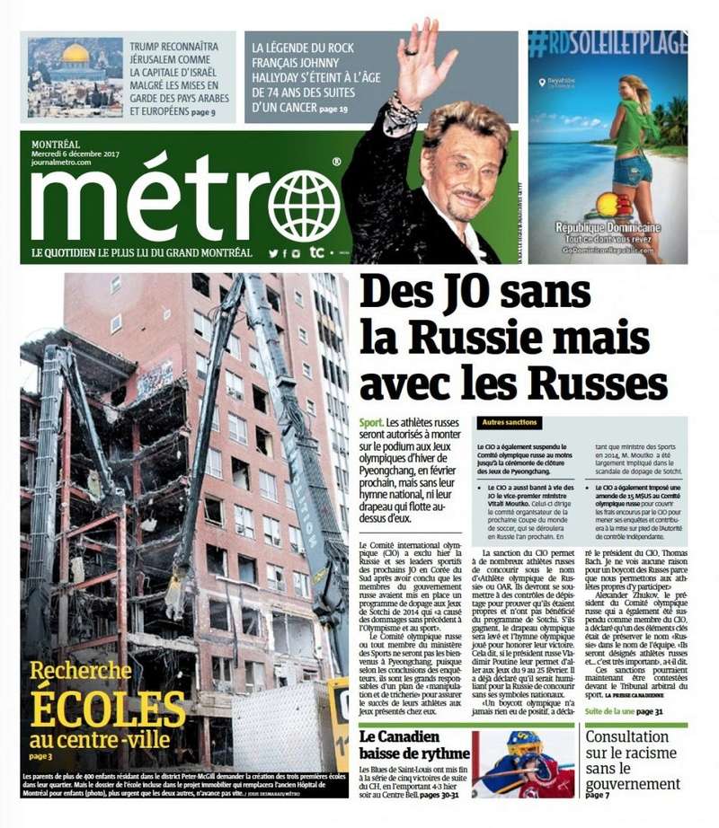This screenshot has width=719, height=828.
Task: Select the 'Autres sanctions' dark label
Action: [x=510, y=422]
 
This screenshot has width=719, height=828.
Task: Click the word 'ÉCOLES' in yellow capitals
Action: [x=108, y=709]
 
